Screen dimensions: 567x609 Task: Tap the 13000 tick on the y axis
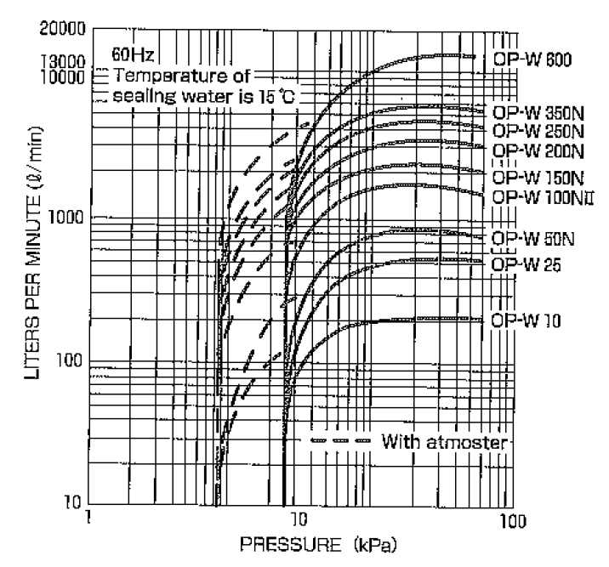pos(62,62)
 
